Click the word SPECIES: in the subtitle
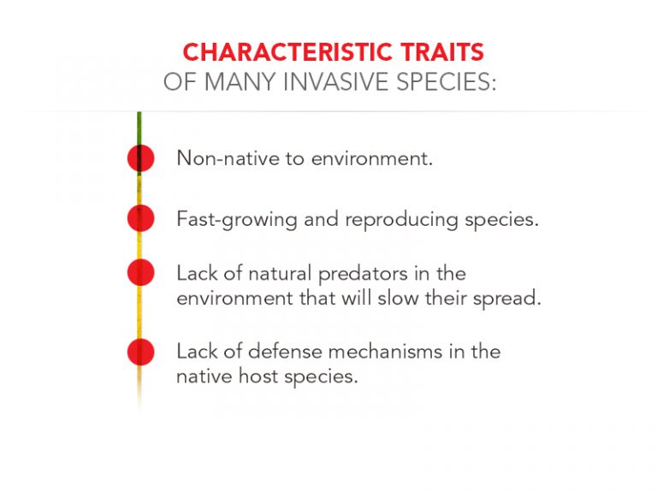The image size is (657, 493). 447,81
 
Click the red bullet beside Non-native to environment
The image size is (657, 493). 141,158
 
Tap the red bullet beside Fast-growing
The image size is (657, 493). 141,218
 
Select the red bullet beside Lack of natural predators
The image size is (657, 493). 141,272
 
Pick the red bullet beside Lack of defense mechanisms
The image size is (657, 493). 141,351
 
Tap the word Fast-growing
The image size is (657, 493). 237,220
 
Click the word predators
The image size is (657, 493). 363,274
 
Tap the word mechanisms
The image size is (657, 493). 386,351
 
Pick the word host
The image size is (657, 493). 258,376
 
